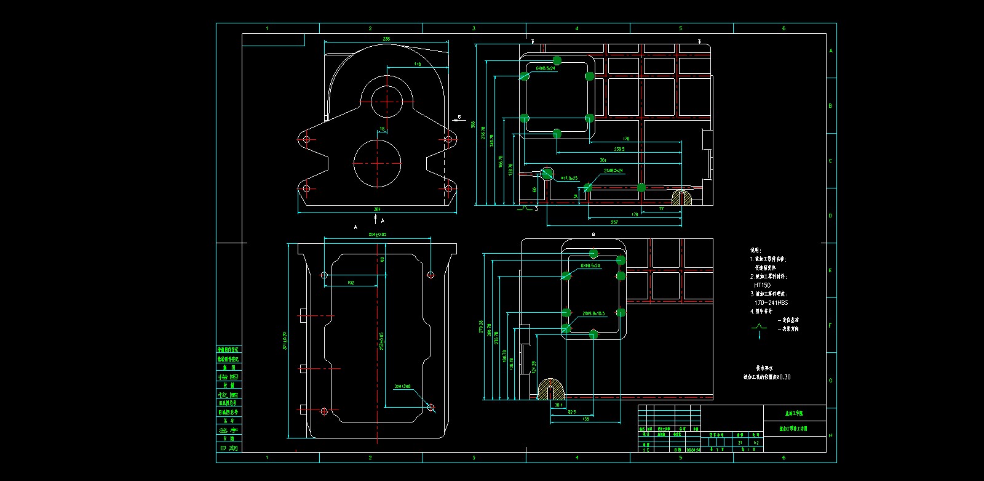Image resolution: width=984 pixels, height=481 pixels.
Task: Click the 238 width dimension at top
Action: pos(386,39)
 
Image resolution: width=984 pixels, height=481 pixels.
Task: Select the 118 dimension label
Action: pos(418,64)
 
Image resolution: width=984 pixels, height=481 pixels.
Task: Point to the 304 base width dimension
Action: pos(377,209)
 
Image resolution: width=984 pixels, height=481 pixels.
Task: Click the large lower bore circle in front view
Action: pos(378,163)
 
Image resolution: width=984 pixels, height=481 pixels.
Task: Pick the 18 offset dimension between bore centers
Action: pos(382,129)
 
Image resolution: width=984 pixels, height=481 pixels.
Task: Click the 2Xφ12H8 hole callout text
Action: pos(402,387)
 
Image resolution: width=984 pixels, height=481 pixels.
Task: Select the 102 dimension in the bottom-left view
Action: pos(351,283)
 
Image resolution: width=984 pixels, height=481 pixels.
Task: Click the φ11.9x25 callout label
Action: pos(569,178)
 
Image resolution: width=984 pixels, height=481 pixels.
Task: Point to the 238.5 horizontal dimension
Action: pos(619,149)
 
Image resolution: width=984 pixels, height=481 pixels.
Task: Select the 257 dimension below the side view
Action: pos(614,222)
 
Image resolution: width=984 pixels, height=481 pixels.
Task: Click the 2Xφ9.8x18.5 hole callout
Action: pos(593,313)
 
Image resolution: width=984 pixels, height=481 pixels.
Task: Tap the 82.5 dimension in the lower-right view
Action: pos(572,412)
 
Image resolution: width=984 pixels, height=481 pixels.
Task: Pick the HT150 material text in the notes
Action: pos(762,285)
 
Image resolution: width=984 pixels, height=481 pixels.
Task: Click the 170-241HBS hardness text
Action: pos(771,302)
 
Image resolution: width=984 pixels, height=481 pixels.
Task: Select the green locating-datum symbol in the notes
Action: pos(759,327)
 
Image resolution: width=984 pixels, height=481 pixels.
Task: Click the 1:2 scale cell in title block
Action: pos(756,442)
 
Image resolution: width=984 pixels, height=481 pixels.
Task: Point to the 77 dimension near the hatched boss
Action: pos(662,209)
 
